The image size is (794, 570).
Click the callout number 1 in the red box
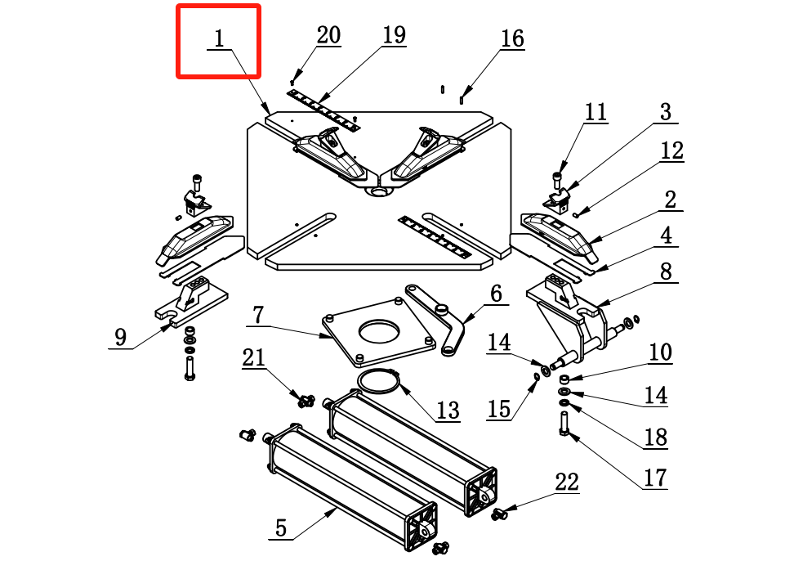[x=219, y=38]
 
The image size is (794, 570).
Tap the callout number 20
[x=328, y=35]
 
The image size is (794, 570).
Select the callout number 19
[x=394, y=35]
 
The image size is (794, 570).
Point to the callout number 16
[x=512, y=38]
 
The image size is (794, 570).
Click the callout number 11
[x=595, y=112]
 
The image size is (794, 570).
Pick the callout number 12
[x=672, y=150]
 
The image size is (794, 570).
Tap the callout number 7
[x=258, y=315]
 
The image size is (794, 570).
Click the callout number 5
[x=281, y=528]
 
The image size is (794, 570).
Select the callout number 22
[x=567, y=482]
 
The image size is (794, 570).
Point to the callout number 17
[x=655, y=478]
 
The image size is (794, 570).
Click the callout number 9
[x=120, y=337]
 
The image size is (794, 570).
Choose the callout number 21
[x=254, y=357]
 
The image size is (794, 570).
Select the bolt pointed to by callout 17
[x=564, y=424]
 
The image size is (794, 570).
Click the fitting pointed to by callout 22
[x=499, y=514]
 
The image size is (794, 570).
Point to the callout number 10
[x=660, y=352]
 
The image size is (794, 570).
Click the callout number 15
[x=499, y=409]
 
